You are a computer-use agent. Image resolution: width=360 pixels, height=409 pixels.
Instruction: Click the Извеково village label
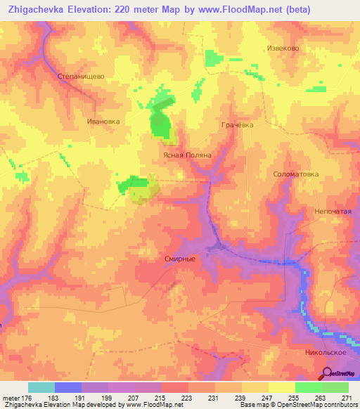[x=284, y=48]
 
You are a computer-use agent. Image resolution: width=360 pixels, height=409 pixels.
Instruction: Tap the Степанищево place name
[x=80, y=72]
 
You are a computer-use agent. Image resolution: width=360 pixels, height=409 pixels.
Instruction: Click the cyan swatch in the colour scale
[x=41, y=387]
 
